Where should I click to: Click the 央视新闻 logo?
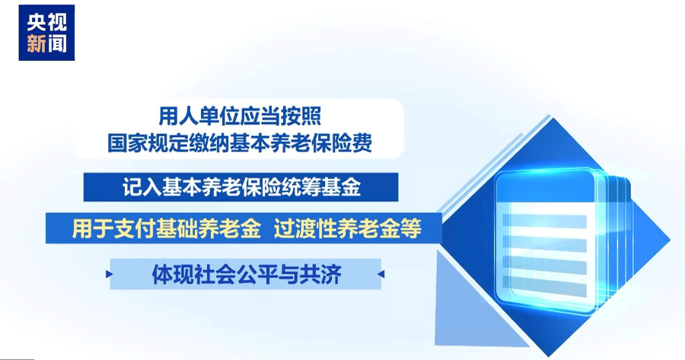[x=46, y=33]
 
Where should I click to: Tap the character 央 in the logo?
[x=37, y=22]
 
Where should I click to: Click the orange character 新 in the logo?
[x=37, y=43]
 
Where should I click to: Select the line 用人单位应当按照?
[x=240, y=116]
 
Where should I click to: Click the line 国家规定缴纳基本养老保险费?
[x=240, y=142]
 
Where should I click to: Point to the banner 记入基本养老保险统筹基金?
[x=241, y=187]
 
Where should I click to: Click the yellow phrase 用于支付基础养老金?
[x=167, y=228]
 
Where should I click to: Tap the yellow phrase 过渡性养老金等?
[x=348, y=228]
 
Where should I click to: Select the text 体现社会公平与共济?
[x=247, y=274]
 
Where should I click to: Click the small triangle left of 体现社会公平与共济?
[x=109, y=274]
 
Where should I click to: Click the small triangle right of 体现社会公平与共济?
[x=381, y=274]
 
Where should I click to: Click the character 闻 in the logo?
[x=57, y=43]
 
